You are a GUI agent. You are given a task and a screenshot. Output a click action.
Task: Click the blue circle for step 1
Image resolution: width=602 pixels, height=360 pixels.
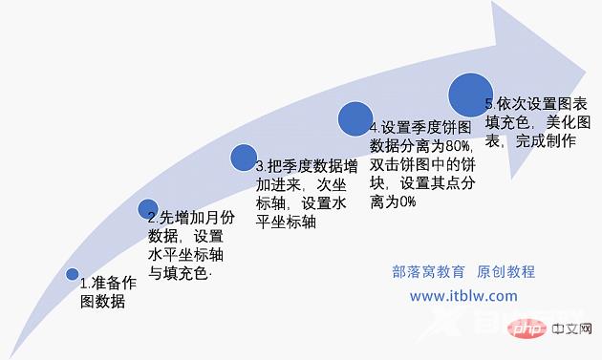tap(73, 274)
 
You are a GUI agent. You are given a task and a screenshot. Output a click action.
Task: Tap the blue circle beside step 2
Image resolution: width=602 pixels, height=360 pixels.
tap(148, 209)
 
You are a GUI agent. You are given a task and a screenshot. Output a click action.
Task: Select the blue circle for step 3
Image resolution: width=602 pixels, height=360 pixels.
tap(244, 158)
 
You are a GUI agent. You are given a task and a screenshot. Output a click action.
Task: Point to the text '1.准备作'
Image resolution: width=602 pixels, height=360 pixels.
tap(107, 284)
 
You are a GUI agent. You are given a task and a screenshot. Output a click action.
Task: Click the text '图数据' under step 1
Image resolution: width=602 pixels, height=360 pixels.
tap(101, 303)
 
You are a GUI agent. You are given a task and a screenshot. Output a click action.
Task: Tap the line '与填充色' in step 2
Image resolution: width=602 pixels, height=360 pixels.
tap(178, 274)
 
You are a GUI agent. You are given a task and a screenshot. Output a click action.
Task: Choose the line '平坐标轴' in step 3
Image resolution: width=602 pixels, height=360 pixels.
tap(286, 222)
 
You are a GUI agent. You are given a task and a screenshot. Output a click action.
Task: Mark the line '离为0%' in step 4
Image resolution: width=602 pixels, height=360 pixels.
tap(393, 201)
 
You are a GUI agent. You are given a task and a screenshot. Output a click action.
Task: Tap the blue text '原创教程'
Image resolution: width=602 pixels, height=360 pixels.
tap(505, 271)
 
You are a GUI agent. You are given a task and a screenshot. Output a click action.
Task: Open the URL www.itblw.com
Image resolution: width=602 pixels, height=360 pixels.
tap(463, 296)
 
